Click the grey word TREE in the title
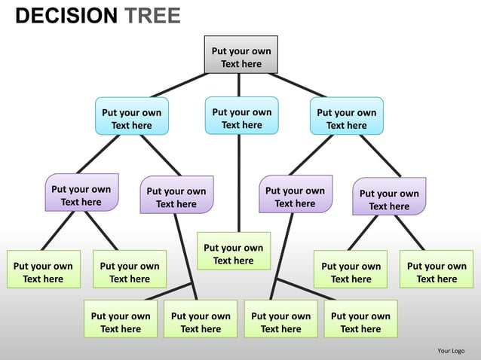tap(152, 16)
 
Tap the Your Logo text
tap(451, 351)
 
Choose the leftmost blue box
tap(131, 116)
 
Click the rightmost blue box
tap(346, 116)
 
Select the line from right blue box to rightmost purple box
tap(380, 156)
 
